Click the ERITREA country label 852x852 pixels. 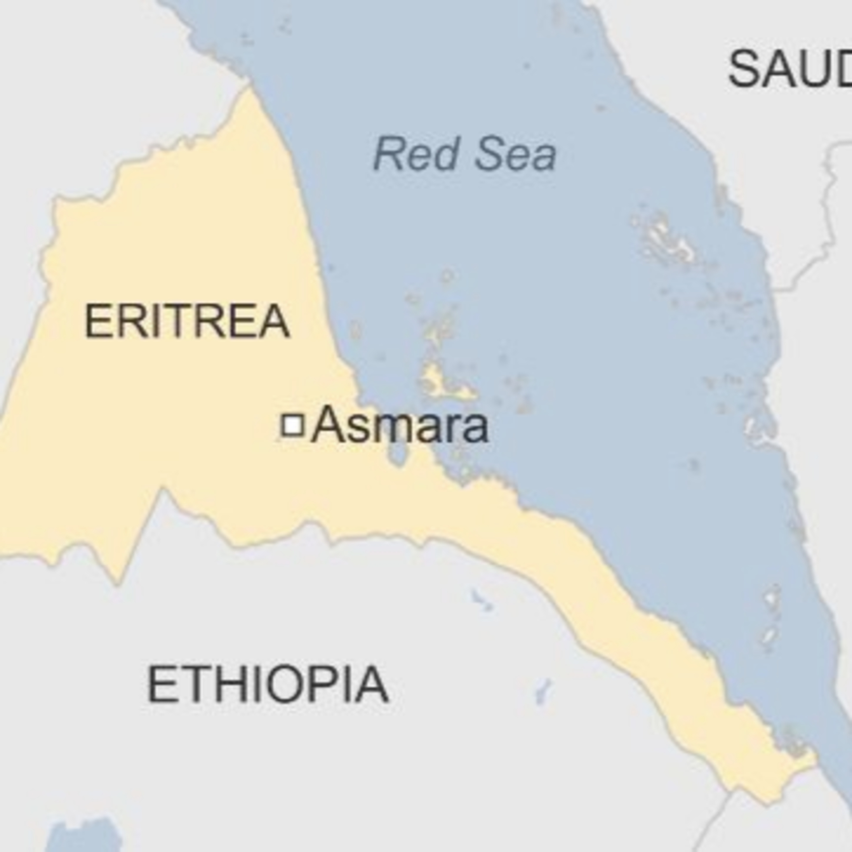click(x=187, y=321)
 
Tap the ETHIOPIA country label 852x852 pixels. click(x=267, y=684)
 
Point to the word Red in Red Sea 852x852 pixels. click(x=415, y=154)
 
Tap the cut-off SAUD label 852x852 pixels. click(x=790, y=69)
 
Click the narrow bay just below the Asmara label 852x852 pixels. click(x=397, y=454)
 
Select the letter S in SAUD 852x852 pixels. click(x=745, y=69)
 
